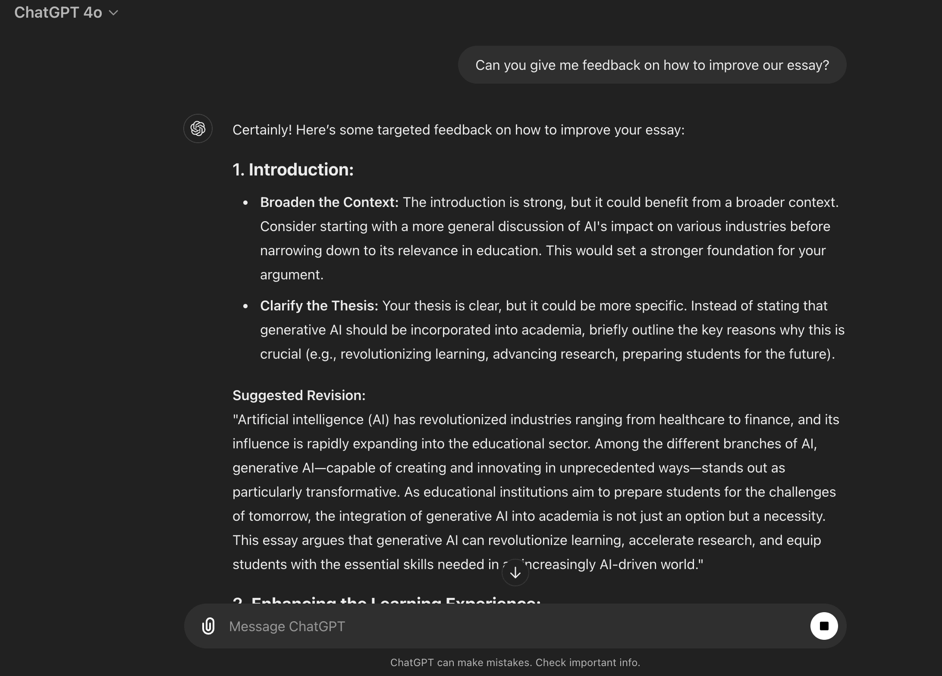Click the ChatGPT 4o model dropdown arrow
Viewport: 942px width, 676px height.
pyautogui.click(x=113, y=13)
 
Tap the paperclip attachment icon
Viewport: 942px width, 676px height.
pyautogui.click(x=208, y=626)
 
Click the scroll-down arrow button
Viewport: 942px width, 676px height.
pyautogui.click(x=515, y=573)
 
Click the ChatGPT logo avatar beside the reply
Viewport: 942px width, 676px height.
pyautogui.click(x=198, y=128)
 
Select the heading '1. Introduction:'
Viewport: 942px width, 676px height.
pyautogui.click(x=293, y=169)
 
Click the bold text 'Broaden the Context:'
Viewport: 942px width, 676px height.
pyautogui.click(x=329, y=202)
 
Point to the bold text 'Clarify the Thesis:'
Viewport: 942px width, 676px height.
pyautogui.click(x=319, y=306)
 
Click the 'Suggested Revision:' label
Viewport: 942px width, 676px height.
pyautogui.click(x=299, y=395)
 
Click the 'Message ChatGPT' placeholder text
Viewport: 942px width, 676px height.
pyautogui.click(x=287, y=626)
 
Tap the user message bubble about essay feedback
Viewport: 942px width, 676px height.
pyautogui.click(x=652, y=65)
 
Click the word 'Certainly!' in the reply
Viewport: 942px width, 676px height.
pyautogui.click(x=262, y=130)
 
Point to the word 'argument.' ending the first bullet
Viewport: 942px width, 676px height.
pyautogui.click(x=292, y=275)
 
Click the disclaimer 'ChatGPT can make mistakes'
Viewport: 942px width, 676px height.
pyautogui.click(x=515, y=663)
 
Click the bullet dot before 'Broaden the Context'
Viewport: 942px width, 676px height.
pyautogui.click(x=245, y=203)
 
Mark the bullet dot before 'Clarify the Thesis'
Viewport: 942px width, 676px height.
pyautogui.click(x=245, y=306)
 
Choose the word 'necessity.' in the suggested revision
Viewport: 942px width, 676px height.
pyautogui.click(x=794, y=516)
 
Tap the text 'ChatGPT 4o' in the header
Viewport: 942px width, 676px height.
pyautogui.click(x=58, y=13)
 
